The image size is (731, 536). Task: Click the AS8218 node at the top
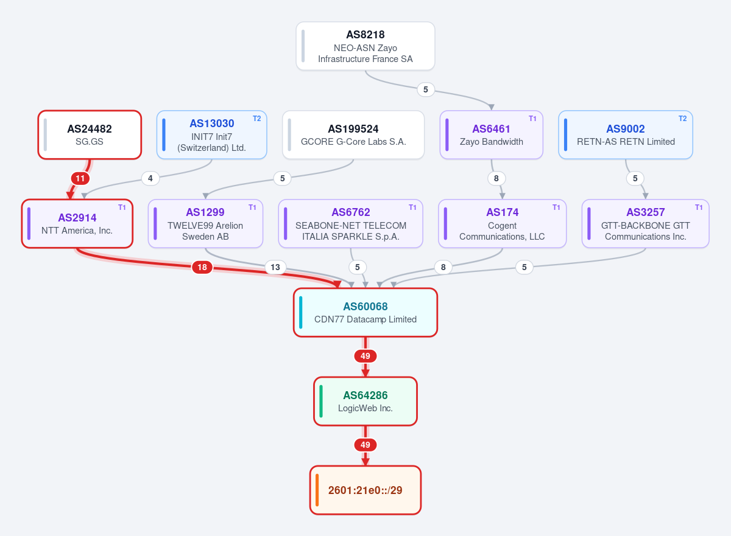click(x=365, y=46)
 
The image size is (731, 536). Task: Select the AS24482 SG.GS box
click(x=90, y=135)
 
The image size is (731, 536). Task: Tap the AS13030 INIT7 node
click(x=212, y=135)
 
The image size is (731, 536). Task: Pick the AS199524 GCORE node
click(x=353, y=135)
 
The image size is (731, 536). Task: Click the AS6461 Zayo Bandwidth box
click(x=492, y=135)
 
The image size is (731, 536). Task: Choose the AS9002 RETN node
click(x=626, y=135)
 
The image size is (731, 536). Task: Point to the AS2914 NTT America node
click(x=77, y=223)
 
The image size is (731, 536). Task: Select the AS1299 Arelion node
click(x=205, y=223)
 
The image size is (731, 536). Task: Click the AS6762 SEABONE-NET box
click(x=350, y=223)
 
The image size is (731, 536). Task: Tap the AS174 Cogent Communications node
click(x=502, y=223)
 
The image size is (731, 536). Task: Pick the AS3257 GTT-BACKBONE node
click(x=646, y=223)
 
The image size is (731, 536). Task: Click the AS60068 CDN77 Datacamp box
click(x=365, y=313)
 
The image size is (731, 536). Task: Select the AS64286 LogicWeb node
click(x=365, y=401)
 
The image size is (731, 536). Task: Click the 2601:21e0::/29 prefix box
click(x=365, y=490)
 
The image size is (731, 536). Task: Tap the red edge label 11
click(x=80, y=178)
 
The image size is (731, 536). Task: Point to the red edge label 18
click(x=202, y=267)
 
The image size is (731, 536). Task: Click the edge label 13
click(x=275, y=267)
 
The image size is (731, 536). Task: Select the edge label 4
click(x=150, y=178)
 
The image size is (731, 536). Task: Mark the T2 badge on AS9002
click(x=682, y=119)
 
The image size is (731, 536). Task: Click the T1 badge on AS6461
click(x=532, y=119)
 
